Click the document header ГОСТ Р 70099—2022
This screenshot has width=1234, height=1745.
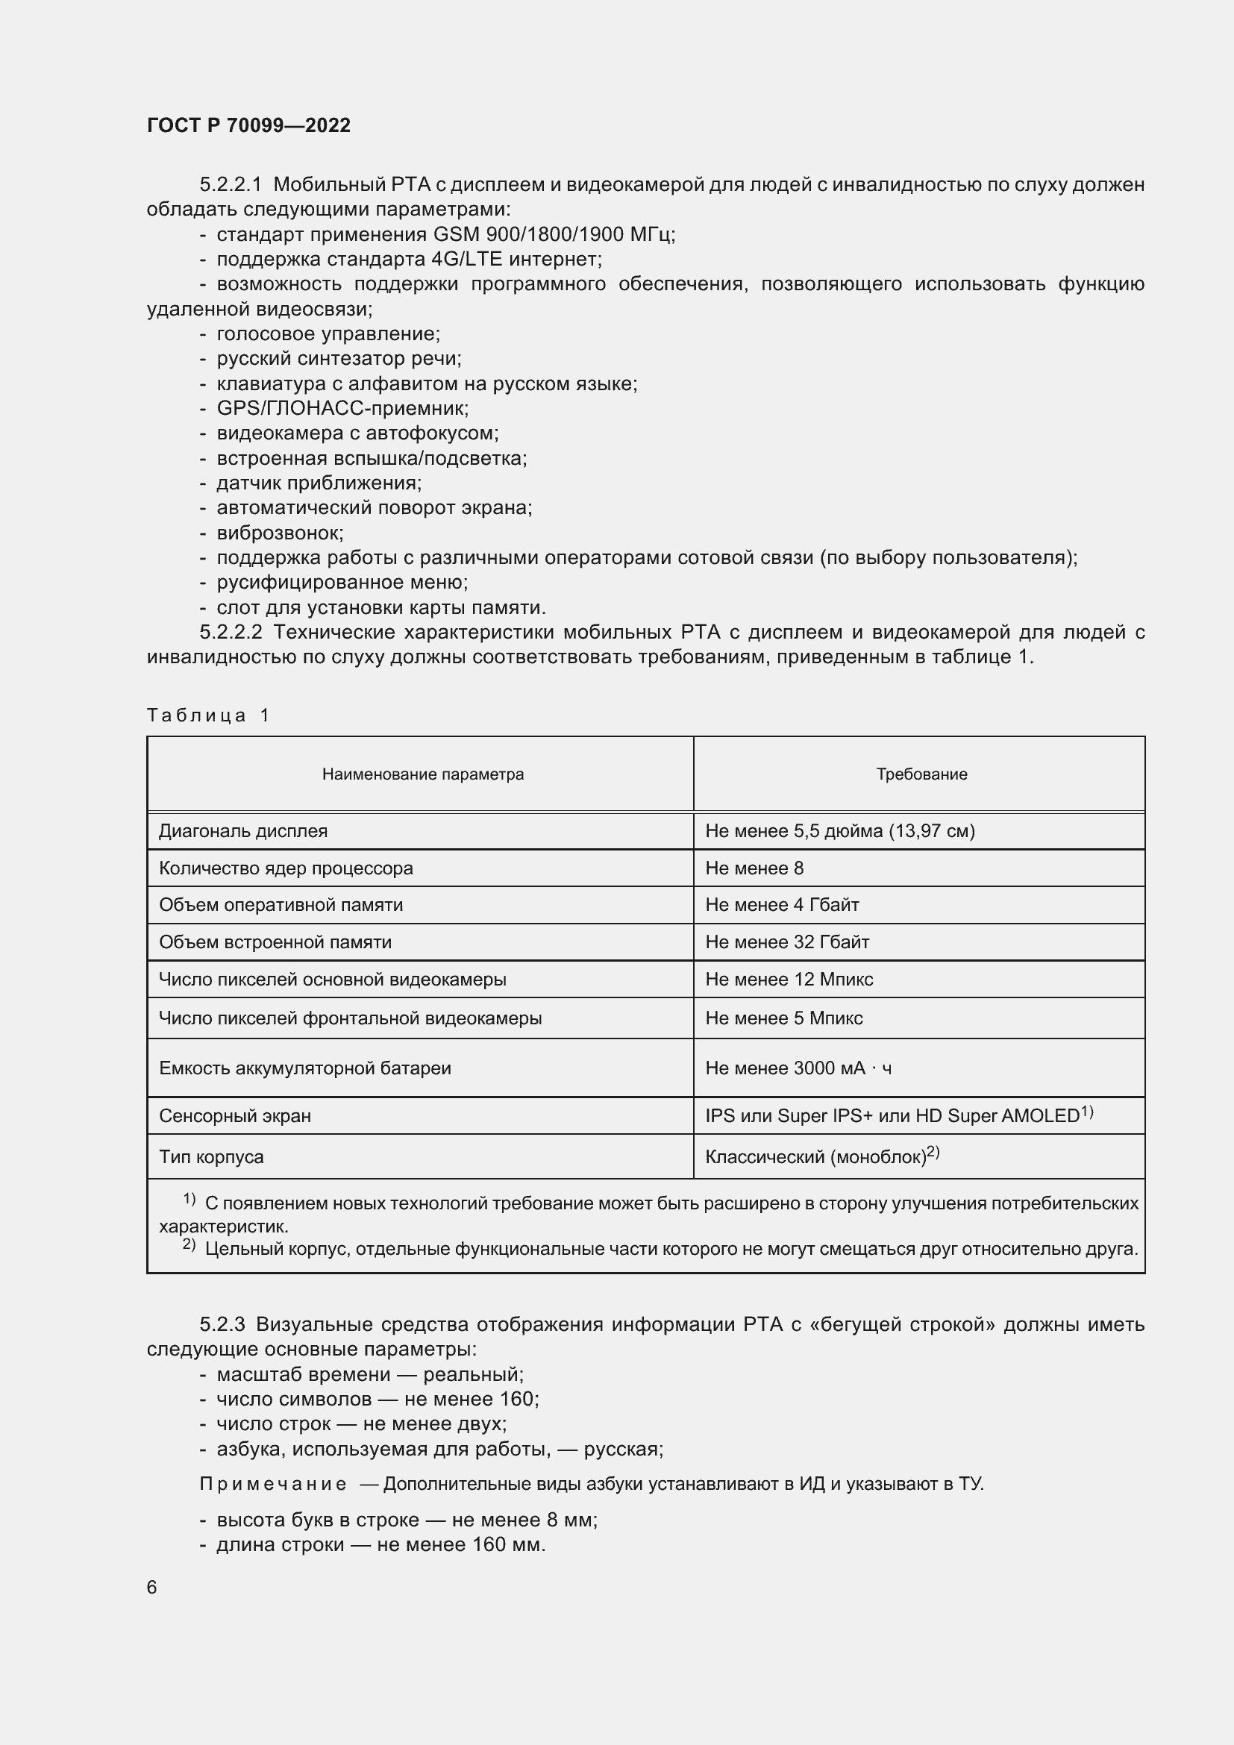[x=248, y=125]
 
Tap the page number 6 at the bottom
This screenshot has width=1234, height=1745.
[x=152, y=1587]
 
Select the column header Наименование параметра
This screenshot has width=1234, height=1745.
[x=422, y=774]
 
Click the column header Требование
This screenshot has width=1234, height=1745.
[x=921, y=774]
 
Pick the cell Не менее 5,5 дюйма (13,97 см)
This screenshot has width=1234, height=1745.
[x=839, y=830]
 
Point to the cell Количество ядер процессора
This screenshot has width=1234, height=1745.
[x=286, y=868]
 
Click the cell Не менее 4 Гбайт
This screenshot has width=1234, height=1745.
[x=782, y=904]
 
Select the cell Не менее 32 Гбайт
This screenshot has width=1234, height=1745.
[x=786, y=942]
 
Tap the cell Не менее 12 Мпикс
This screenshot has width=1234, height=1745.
[x=789, y=979]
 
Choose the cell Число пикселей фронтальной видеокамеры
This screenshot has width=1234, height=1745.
[x=351, y=1018]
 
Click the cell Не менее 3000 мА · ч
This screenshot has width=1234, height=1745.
[x=798, y=1068]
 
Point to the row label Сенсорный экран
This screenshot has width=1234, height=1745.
[x=235, y=1115]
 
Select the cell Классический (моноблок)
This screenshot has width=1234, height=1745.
[x=815, y=1157]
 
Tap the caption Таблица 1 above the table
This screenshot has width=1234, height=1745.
[x=208, y=715]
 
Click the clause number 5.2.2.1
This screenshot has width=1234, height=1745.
[x=231, y=185]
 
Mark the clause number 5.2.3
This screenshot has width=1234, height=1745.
[x=222, y=1325]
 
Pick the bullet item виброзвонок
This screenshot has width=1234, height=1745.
[x=280, y=533]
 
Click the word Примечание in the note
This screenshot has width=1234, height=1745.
[x=273, y=1485]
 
